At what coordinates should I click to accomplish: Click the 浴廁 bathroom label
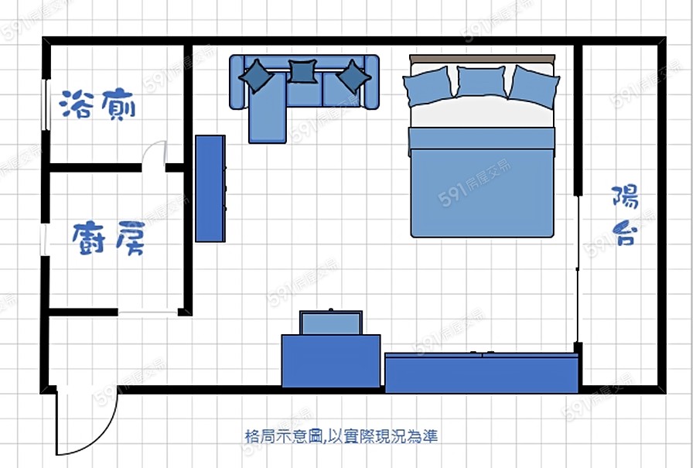(97, 104)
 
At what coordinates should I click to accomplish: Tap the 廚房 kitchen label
(108, 238)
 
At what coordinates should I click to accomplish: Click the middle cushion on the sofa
(302, 71)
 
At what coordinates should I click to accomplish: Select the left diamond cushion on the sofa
(257, 76)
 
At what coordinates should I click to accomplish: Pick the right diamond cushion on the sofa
(353, 77)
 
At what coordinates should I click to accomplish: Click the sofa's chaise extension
(268, 108)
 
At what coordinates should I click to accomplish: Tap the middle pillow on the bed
(481, 82)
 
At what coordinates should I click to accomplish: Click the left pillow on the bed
(428, 86)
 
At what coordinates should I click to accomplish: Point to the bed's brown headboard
(482, 59)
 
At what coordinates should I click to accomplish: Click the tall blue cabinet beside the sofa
(210, 188)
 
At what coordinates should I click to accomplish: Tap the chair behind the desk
(331, 323)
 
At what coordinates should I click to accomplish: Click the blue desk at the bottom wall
(331, 360)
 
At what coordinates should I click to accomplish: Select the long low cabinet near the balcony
(482, 373)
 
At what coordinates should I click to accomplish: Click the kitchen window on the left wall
(45, 240)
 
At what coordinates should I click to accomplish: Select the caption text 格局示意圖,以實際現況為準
(341, 436)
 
